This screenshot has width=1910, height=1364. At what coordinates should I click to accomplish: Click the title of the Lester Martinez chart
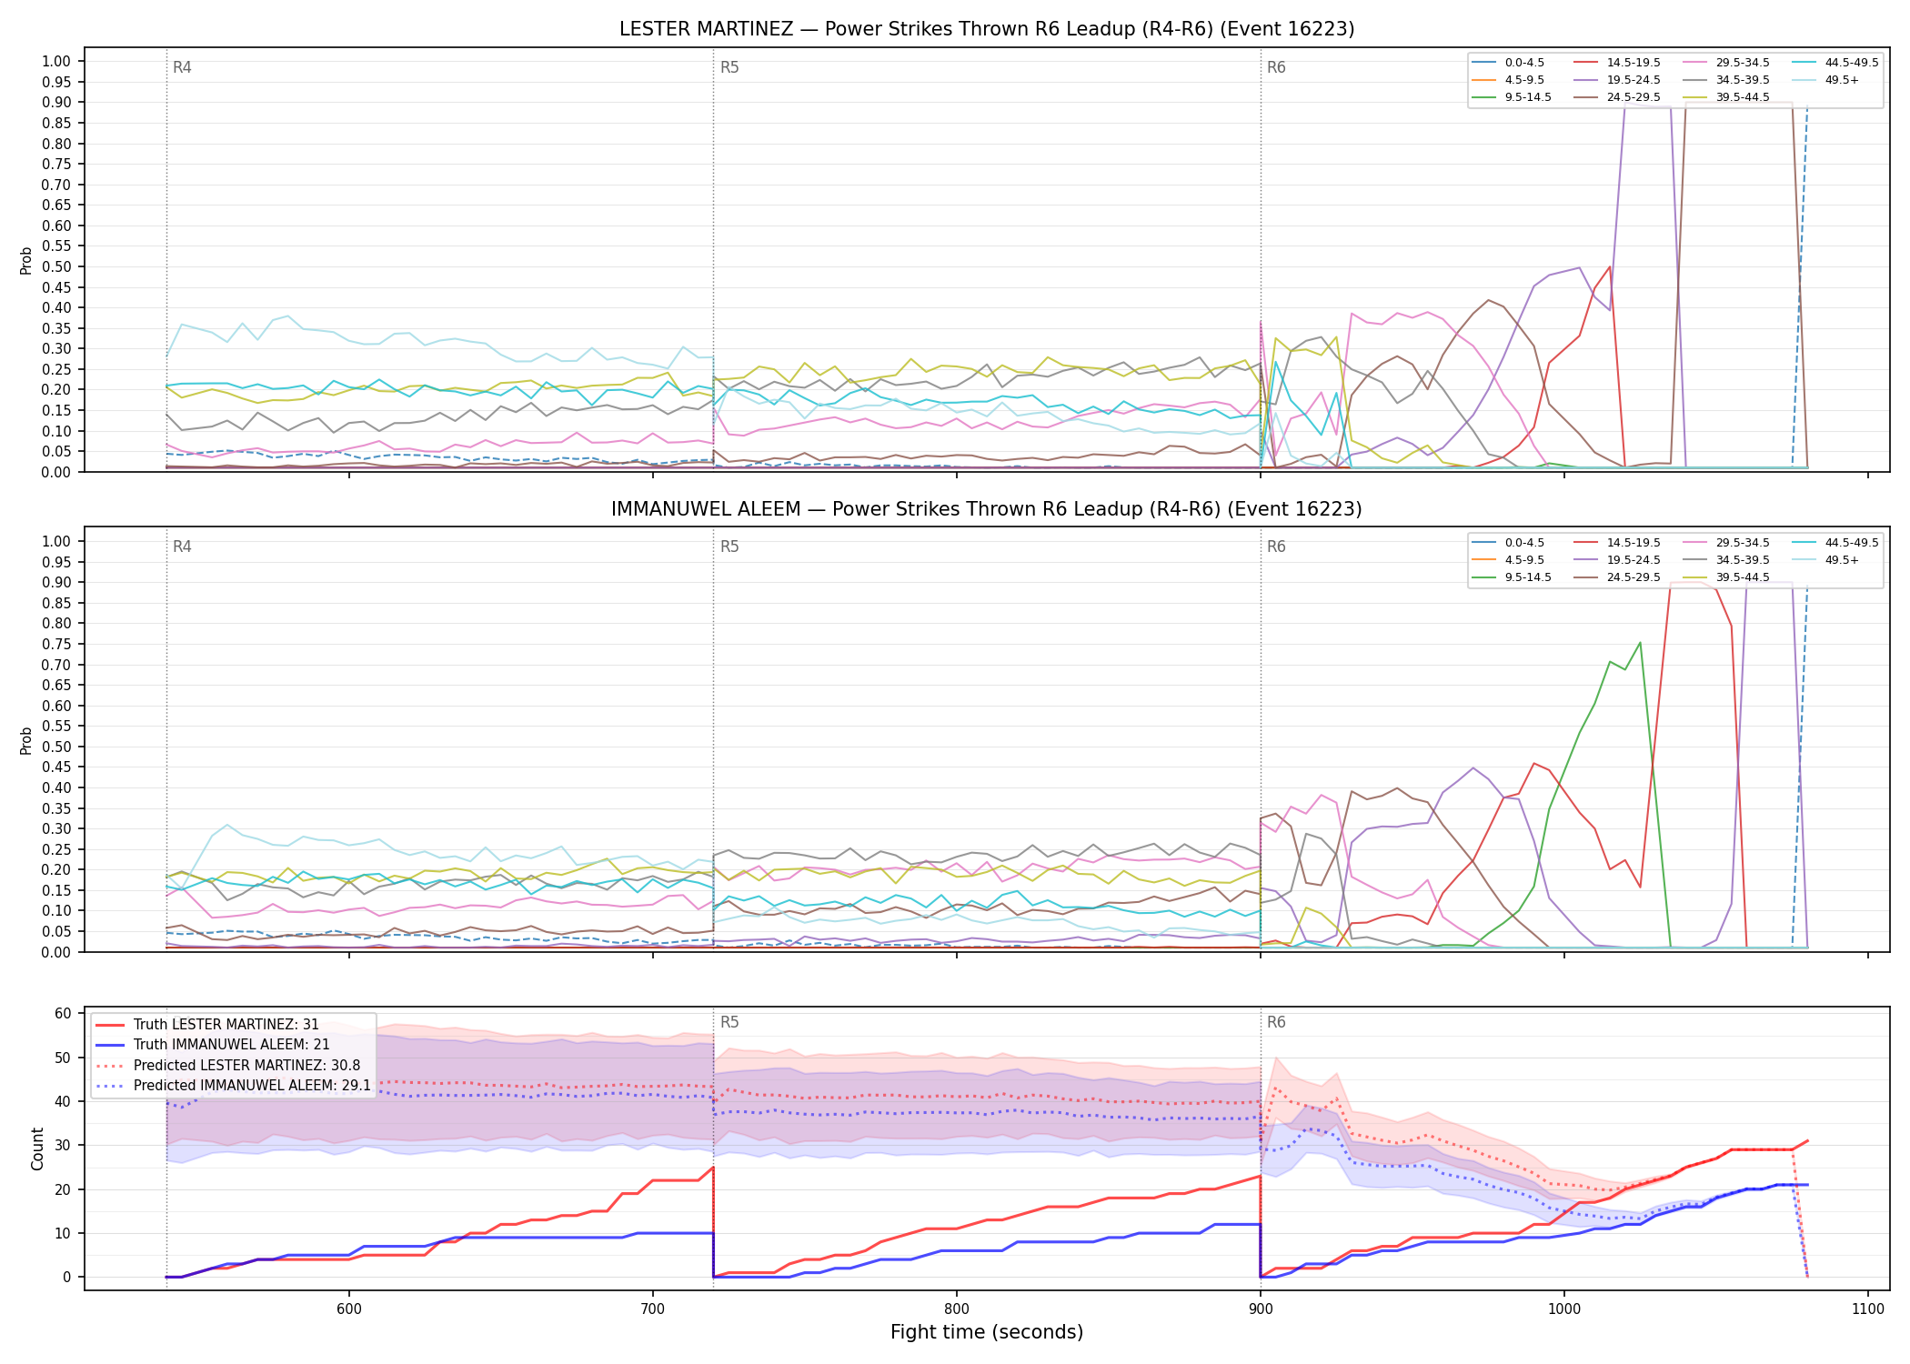(987, 29)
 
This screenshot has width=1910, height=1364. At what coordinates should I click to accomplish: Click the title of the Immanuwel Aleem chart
(987, 509)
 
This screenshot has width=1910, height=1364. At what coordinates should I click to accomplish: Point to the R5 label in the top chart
(729, 67)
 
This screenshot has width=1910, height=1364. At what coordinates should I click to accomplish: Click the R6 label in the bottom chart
(1276, 1022)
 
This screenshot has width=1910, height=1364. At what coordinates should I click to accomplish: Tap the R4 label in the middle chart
(182, 547)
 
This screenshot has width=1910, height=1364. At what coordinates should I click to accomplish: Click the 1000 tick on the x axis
(1564, 1309)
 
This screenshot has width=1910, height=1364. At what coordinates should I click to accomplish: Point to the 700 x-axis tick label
(653, 1309)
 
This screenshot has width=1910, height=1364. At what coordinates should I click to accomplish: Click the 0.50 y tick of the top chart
(56, 267)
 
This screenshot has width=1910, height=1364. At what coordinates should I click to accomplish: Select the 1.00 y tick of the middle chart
(56, 542)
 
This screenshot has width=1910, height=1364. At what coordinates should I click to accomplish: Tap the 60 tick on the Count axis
(64, 1014)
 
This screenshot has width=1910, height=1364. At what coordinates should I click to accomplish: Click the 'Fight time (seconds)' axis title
(987, 1333)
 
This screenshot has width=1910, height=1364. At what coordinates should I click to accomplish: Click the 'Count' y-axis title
(38, 1148)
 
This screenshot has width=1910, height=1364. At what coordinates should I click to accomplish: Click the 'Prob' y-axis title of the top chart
(26, 261)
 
